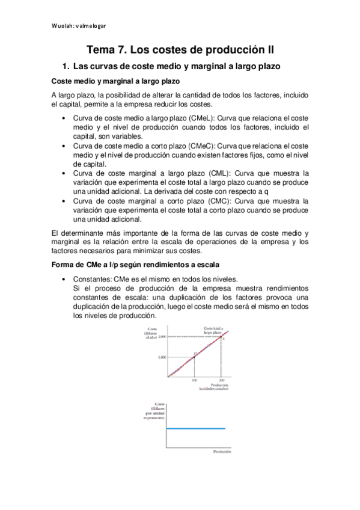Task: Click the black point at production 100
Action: [x=195, y=357]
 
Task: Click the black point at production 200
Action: [x=222, y=337]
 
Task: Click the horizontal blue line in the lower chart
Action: [x=195, y=429]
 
